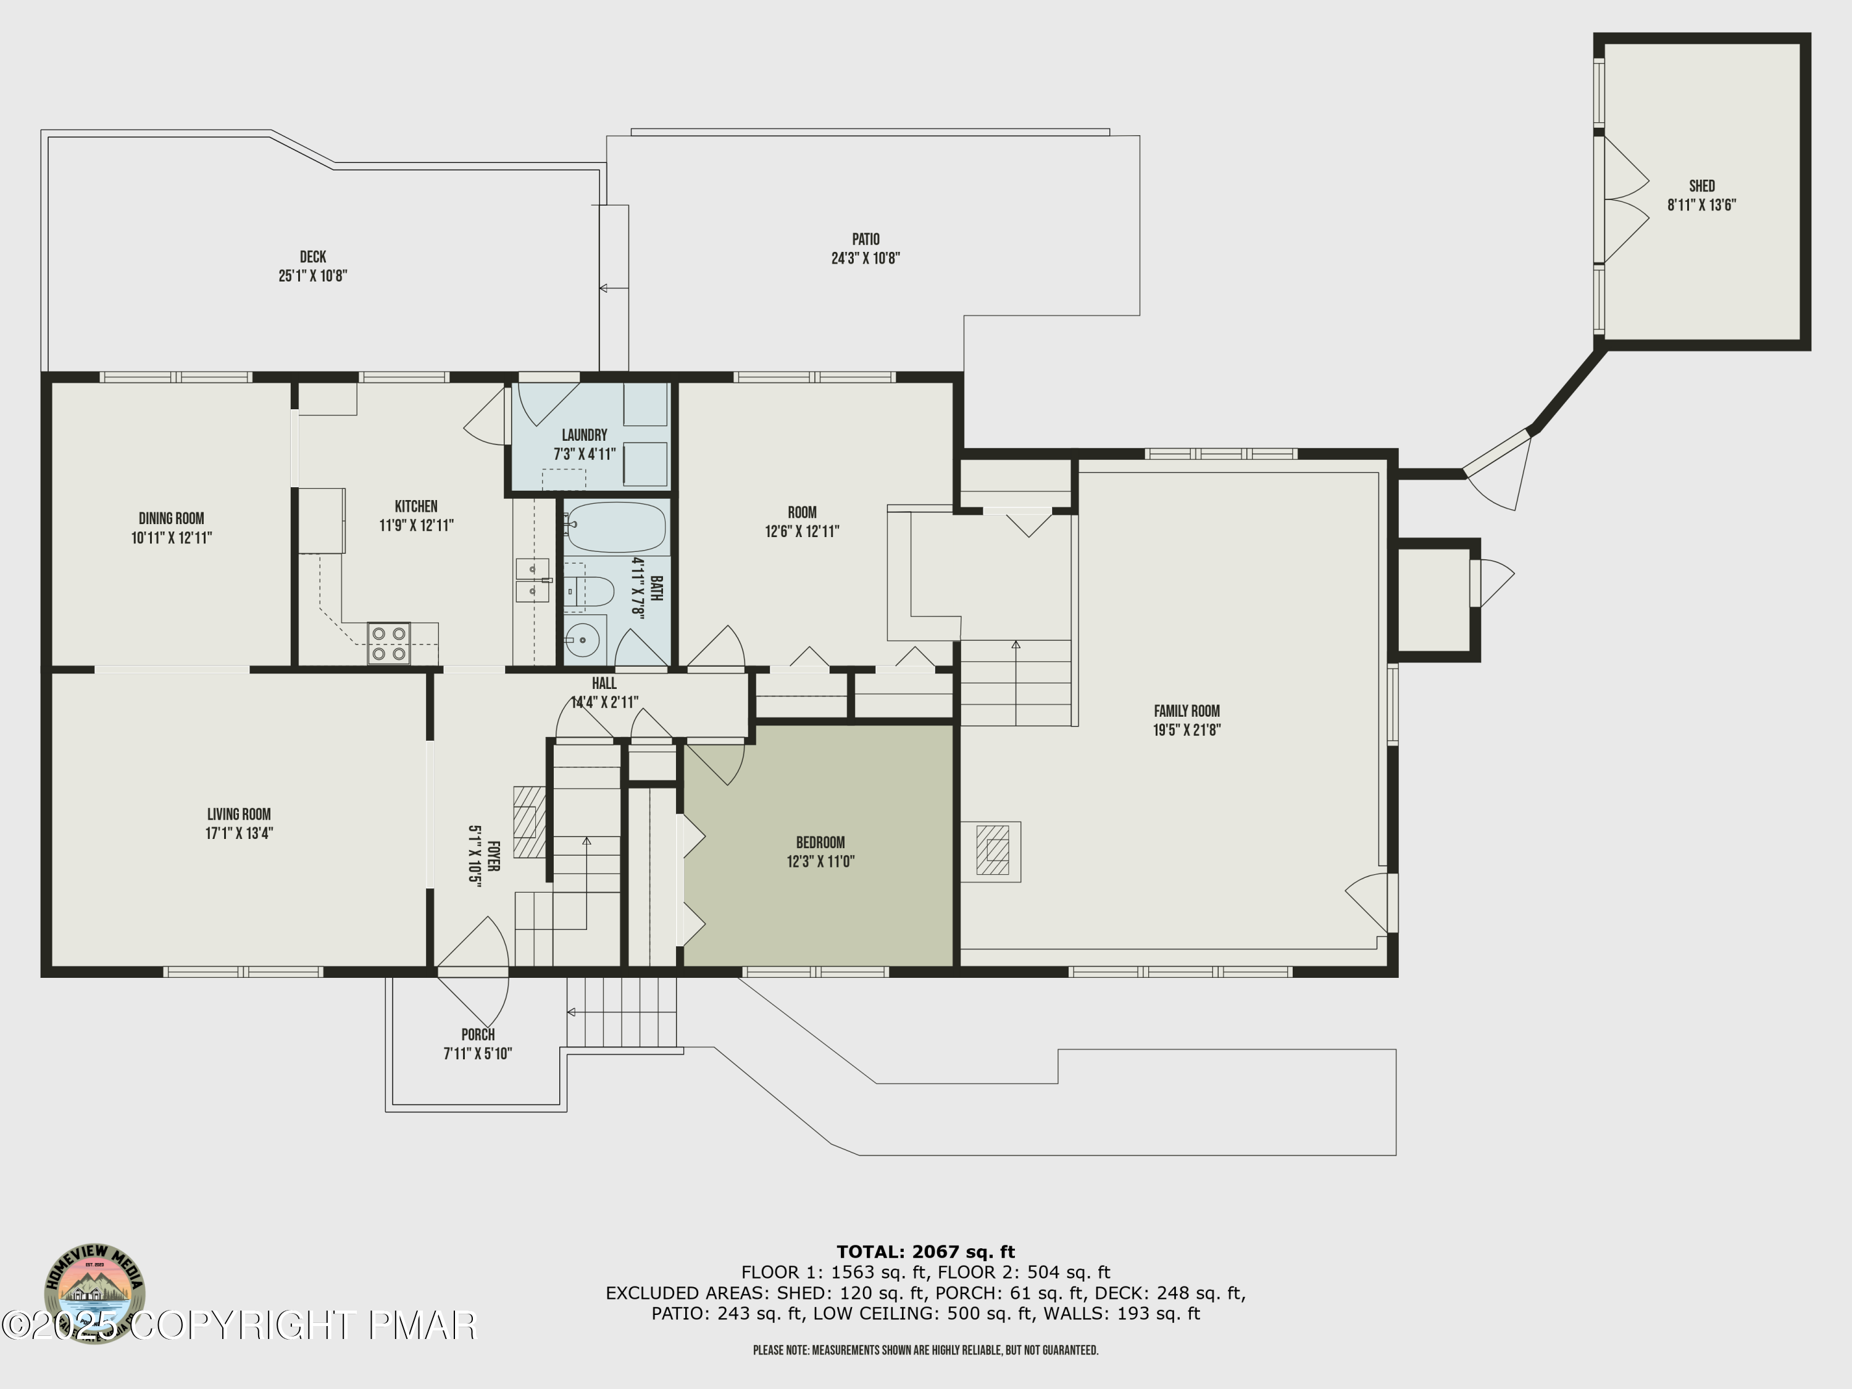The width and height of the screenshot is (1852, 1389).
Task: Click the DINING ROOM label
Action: [x=172, y=519]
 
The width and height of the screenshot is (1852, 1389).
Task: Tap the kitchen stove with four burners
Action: [x=388, y=643]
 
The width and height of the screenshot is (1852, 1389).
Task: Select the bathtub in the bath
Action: [x=614, y=527]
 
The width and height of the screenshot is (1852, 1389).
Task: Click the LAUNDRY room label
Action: [x=585, y=435]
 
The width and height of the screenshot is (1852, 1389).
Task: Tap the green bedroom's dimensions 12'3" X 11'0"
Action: [x=820, y=862]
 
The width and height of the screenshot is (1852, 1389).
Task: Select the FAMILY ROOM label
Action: [x=1187, y=711]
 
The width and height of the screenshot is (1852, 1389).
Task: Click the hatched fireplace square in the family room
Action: [x=993, y=851]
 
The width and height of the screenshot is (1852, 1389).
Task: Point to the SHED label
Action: [x=1702, y=186]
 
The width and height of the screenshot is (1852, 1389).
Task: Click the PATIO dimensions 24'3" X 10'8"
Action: [x=866, y=259]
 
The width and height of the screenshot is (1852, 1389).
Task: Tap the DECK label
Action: [x=313, y=257]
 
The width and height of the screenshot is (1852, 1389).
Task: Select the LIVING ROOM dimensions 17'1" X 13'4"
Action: [x=240, y=833]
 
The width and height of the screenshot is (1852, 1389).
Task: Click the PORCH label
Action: [x=478, y=1035]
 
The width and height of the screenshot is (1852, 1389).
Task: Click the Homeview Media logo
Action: [x=94, y=1292]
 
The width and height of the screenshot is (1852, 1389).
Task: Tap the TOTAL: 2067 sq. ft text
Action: [x=926, y=1253]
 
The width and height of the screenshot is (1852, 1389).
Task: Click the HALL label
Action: [x=604, y=684]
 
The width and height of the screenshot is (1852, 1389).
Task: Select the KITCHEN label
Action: [x=416, y=507]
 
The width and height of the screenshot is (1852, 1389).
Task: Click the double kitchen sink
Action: [x=533, y=580]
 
